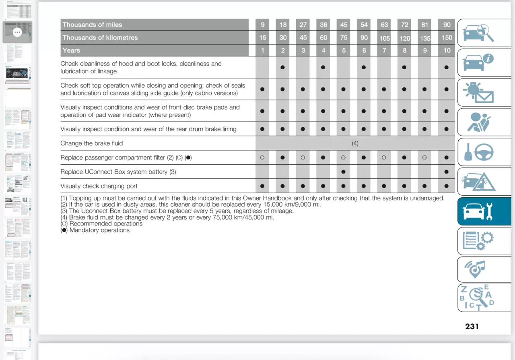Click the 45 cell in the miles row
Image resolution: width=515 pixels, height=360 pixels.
point(344,25)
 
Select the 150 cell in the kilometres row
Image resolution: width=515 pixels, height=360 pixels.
point(447,38)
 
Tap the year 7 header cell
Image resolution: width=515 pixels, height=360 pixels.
point(384,50)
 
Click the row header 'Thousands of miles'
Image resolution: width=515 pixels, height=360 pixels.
point(92,25)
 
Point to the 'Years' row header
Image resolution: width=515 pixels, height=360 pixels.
point(71,50)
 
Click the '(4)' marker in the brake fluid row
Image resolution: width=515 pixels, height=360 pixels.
point(355,143)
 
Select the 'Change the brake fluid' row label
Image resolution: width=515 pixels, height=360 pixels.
point(92,143)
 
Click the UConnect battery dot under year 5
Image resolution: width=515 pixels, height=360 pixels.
point(343,172)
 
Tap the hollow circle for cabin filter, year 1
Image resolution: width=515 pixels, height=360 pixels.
point(262,158)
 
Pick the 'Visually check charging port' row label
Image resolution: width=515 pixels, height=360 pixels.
point(99,186)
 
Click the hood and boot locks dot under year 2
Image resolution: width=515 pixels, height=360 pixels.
point(282,67)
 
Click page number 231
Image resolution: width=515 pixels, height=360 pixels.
point(472,326)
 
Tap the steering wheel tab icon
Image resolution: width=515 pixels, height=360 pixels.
point(478,152)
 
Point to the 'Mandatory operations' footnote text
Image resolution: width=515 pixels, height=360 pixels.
point(99,230)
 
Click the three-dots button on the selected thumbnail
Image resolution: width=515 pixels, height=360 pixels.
point(17,32)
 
